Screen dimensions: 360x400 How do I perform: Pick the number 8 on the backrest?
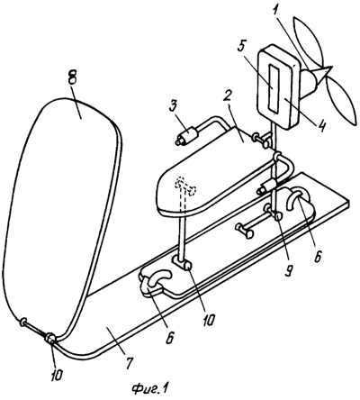coord(72,77)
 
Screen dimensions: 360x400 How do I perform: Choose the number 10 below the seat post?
coord(208,320)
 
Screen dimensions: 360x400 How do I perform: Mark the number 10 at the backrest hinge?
coord(57,375)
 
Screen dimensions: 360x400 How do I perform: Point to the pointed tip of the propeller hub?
coord(332,68)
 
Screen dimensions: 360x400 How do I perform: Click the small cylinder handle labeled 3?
coord(187,136)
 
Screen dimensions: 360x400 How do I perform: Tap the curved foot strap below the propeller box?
coord(297,197)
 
